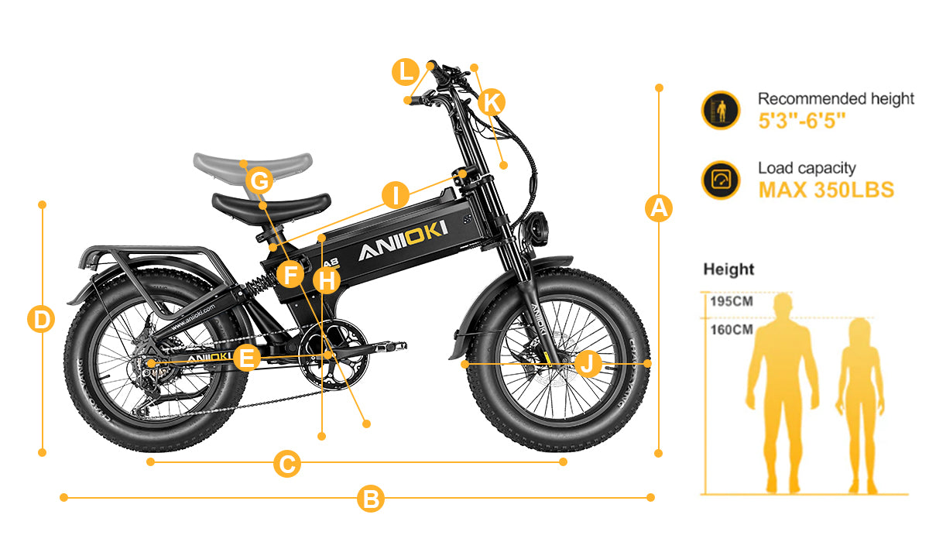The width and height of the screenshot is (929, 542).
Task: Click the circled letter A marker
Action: (x=659, y=208)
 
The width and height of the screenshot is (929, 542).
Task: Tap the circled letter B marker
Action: (x=371, y=498)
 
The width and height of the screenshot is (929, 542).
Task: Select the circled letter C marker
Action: (x=286, y=465)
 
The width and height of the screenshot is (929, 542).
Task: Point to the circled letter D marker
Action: (x=41, y=319)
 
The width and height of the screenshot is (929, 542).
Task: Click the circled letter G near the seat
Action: (x=260, y=182)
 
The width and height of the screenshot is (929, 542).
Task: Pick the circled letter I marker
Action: (x=396, y=195)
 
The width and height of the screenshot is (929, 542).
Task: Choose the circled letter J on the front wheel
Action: (x=588, y=362)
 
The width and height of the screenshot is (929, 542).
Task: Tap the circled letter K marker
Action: (x=492, y=101)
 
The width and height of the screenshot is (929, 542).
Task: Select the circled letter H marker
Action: (x=327, y=279)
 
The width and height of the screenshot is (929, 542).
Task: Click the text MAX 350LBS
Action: (x=826, y=190)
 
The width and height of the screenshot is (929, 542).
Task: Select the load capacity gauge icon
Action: (x=721, y=180)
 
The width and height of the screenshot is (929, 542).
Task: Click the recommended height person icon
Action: (x=721, y=110)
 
